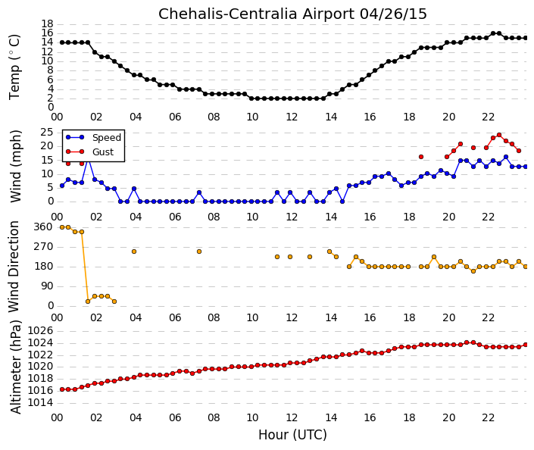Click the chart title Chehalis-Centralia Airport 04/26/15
(x=292, y=14)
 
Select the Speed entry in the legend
(x=107, y=138)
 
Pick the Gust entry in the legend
(x=103, y=152)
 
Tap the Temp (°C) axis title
(x=14, y=67)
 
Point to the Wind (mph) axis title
(x=15, y=166)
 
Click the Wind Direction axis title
(x=14, y=267)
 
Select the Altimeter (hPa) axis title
(x=15, y=367)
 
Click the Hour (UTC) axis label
(x=292, y=435)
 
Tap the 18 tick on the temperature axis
(x=48, y=23)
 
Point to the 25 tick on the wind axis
(x=47, y=133)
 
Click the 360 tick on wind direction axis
(x=44, y=227)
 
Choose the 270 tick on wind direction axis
(x=44, y=247)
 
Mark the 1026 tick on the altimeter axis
(x=40, y=330)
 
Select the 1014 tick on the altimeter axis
(x=40, y=402)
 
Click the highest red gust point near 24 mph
(x=499, y=135)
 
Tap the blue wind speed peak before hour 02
(x=88, y=160)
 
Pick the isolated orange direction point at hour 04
(x=134, y=252)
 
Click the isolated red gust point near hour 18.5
(x=421, y=157)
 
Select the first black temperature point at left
(x=62, y=42)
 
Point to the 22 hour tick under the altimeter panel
(x=488, y=417)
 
